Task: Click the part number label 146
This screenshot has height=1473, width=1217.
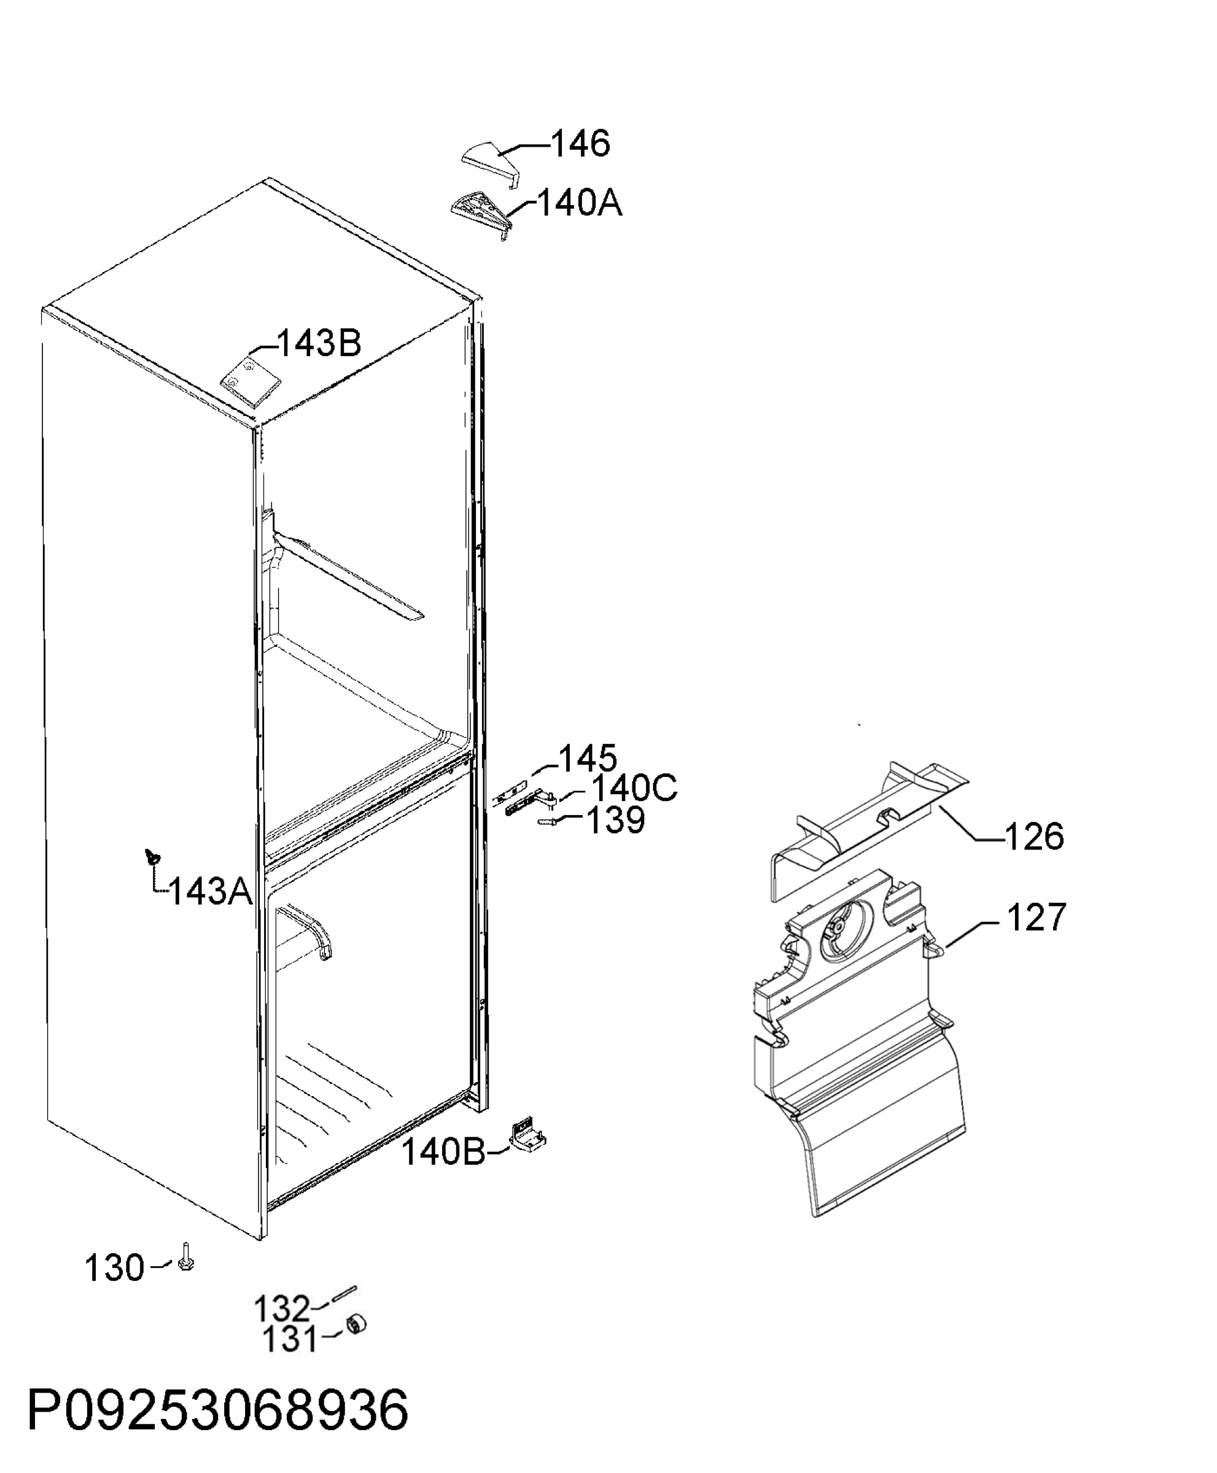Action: click(580, 144)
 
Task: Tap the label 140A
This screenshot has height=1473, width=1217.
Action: click(580, 204)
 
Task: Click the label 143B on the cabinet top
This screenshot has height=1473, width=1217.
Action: click(319, 343)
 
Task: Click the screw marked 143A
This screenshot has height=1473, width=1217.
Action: click(152, 856)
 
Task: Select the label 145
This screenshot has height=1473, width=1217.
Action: click(588, 757)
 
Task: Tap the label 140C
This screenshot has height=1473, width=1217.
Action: click(634, 788)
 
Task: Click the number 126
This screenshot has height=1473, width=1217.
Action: click(1035, 837)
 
